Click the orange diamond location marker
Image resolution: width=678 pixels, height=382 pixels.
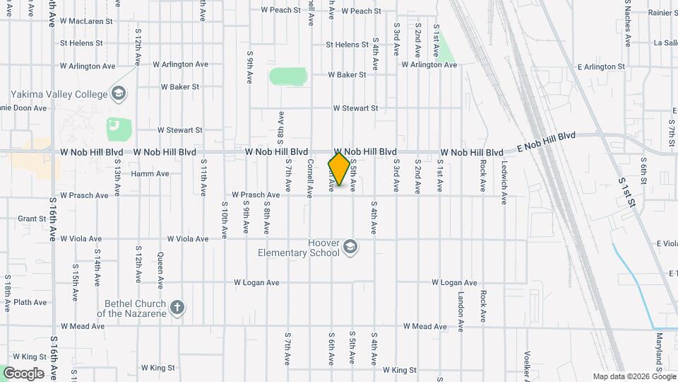coord(339,169)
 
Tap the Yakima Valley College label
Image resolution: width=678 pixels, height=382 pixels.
coord(59,95)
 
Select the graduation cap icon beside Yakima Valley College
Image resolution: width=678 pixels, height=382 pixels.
coord(119,93)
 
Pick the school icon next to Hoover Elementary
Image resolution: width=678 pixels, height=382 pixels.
coord(350,247)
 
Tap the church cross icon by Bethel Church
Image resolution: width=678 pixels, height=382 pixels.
coord(177,308)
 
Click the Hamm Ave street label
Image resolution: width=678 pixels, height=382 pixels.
coord(150,173)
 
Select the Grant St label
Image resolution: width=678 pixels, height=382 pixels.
coord(32,219)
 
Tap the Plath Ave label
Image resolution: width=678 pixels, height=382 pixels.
coord(30,302)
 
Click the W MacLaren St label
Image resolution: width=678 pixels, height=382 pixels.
coord(86,21)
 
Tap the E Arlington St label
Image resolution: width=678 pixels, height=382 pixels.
coord(601,66)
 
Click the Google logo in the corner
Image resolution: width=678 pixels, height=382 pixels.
coord(23,373)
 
